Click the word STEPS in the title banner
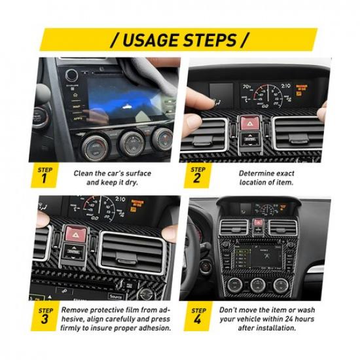click(x=209, y=40)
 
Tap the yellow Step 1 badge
click(x=43, y=175)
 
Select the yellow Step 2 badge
click(x=197, y=175)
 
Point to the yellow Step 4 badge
click(x=197, y=314)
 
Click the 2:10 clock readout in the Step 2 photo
click(x=286, y=86)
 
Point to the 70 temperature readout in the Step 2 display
click(x=247, y=86)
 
